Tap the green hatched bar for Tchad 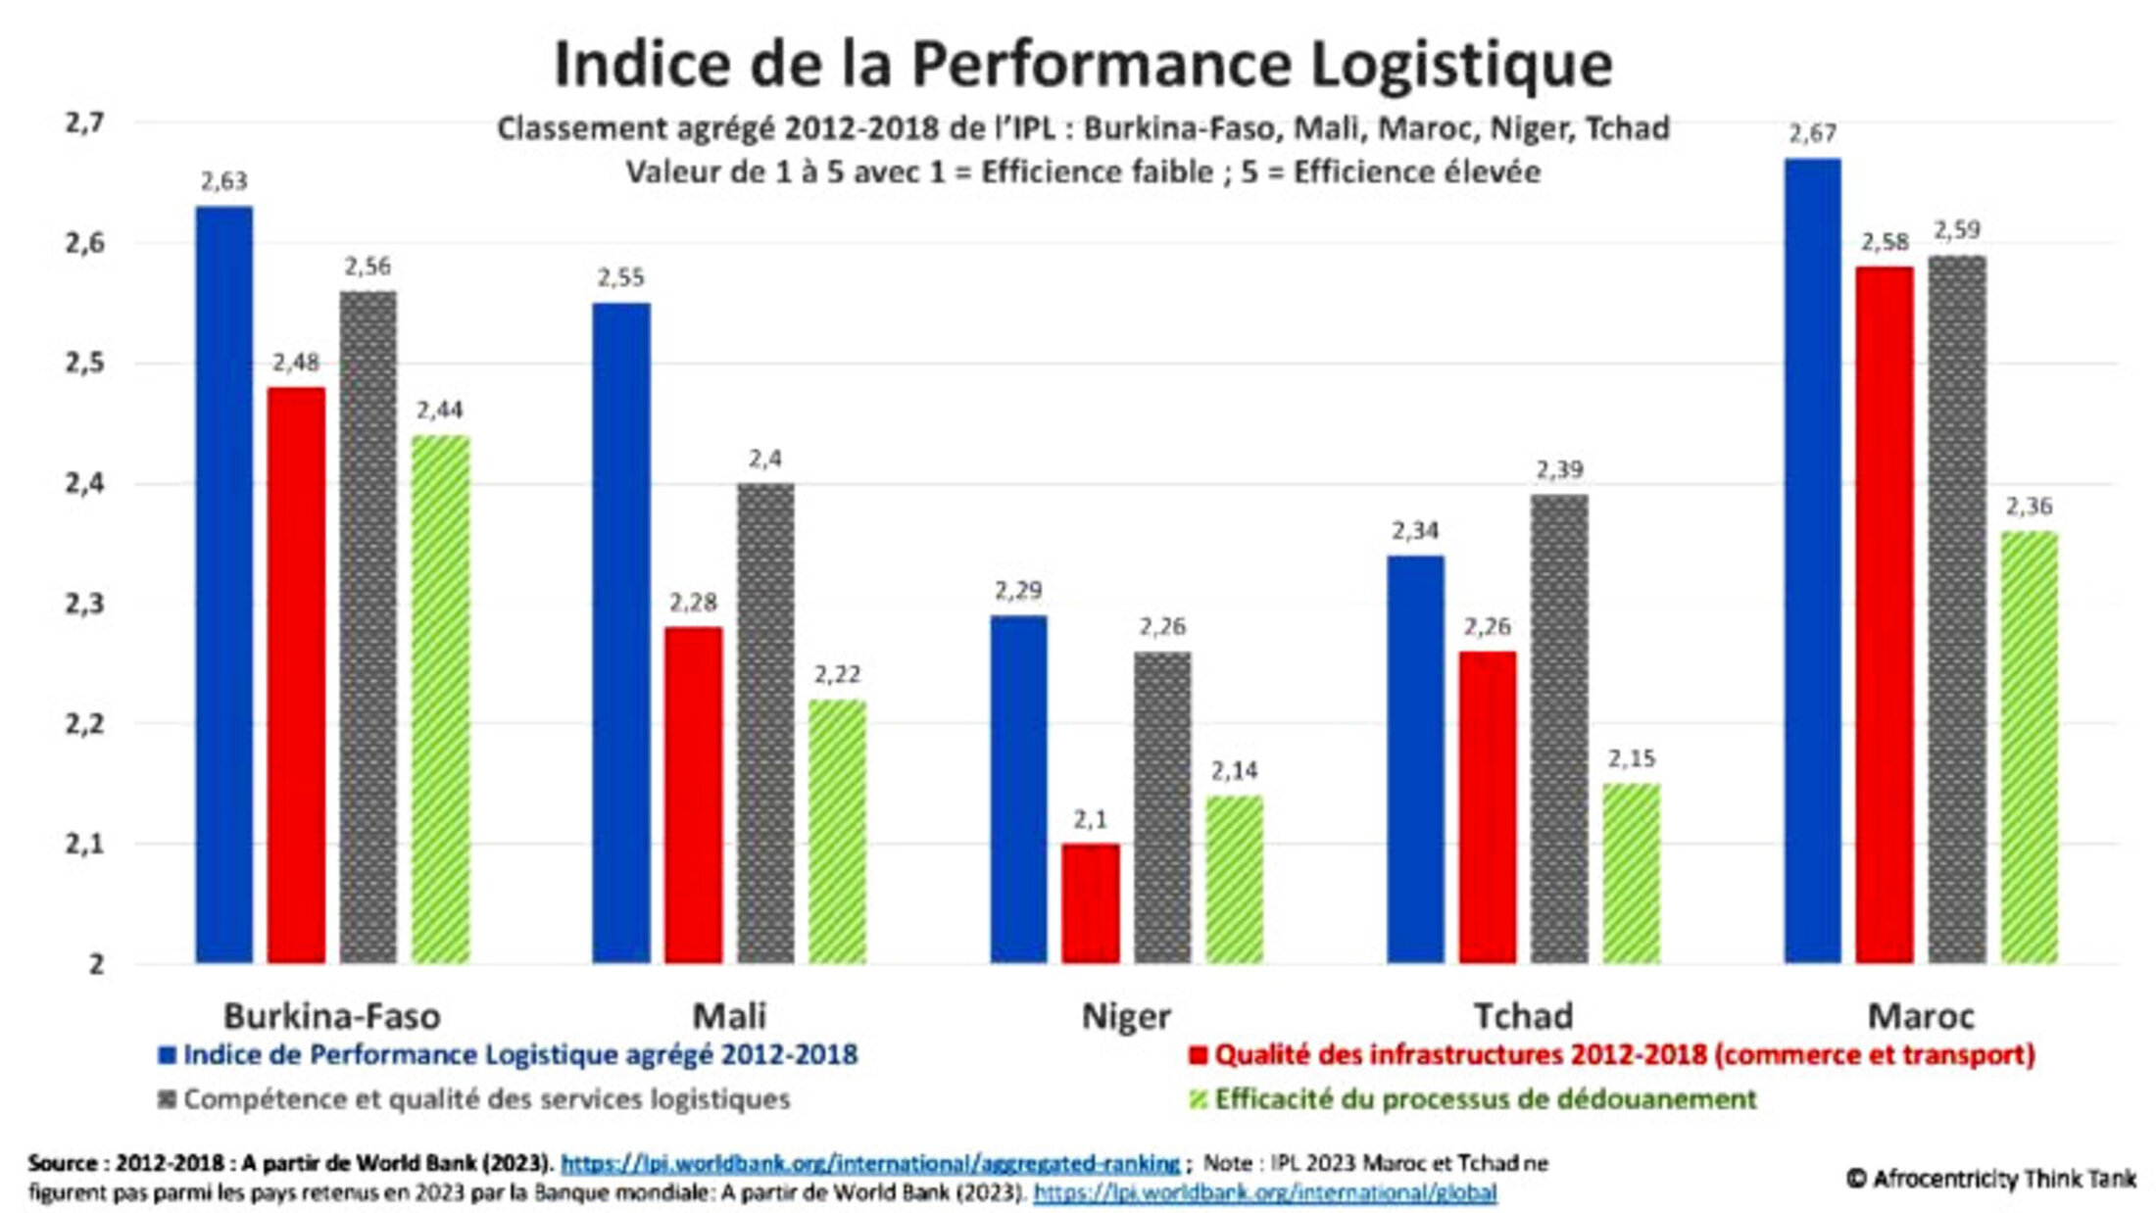1632,873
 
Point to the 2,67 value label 1812,134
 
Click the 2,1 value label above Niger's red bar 1090,820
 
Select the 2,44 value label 439,411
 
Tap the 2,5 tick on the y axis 85,364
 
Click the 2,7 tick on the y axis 85,123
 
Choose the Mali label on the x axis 729,1016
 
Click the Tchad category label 1523,1016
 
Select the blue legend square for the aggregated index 168,1055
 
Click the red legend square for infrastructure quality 1198,1055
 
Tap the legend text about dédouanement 1485,1099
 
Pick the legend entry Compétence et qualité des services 486,1099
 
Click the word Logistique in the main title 1461,64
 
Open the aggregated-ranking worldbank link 869,1163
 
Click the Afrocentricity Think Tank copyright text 1990,1179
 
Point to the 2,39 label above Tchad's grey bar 1559,471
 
